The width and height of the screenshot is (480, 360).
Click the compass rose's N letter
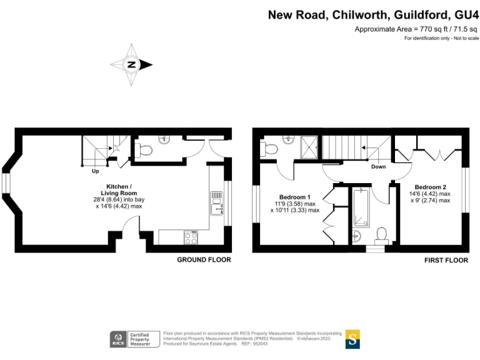coord(132,64)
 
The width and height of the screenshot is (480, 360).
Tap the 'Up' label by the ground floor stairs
coord(96,171)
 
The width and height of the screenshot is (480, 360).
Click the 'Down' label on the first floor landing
coord(378,167)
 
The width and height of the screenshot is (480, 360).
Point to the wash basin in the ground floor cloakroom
coord(166,139)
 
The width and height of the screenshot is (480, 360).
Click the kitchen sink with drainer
coord(216,203)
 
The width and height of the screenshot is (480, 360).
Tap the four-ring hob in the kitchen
coord(191,237)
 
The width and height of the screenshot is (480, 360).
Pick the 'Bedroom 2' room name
coord(431,187)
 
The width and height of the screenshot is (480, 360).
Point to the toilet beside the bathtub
coord(382,234)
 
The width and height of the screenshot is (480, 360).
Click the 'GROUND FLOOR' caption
coord(204,259)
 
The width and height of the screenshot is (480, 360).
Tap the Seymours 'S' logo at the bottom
coord(352,339)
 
